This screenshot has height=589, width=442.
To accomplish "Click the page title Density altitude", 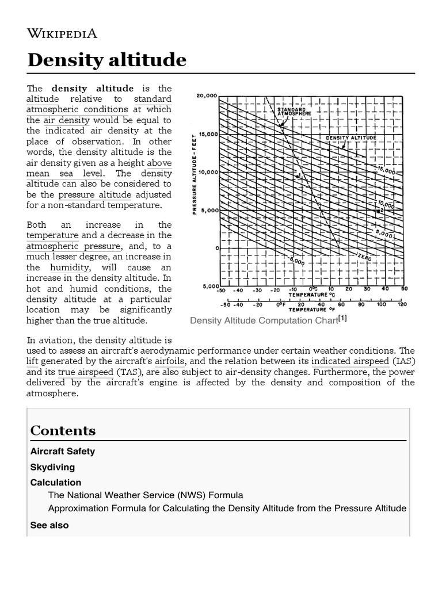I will [x=107, y=60].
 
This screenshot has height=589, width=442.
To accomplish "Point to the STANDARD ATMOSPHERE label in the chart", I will [x=294, y=111].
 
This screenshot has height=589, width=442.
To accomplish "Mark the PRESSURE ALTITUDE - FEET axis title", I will [x=195, y=173].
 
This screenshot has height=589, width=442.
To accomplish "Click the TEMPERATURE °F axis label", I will [x=314, y=309].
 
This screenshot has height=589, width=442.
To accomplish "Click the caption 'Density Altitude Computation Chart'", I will [x=263, y=320].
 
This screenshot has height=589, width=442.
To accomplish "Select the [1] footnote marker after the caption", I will [x=342, y=319].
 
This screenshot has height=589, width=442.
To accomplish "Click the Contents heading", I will [x=63, y=431].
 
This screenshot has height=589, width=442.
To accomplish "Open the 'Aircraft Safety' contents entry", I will [x=62, y=452].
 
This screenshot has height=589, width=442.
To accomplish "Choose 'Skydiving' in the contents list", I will [x=52, y=467].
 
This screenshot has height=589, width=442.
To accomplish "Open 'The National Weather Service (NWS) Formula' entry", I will [x=145, y=495].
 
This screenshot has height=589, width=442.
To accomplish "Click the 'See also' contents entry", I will [x=49, y=525].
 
